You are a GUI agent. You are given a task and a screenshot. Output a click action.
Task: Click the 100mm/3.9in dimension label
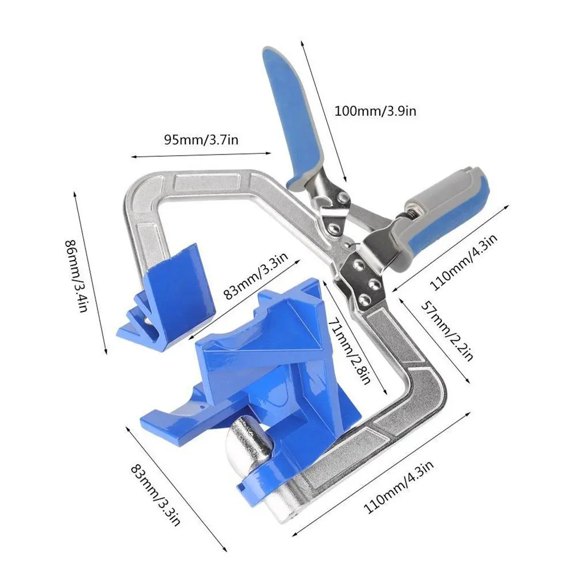point(375,111)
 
